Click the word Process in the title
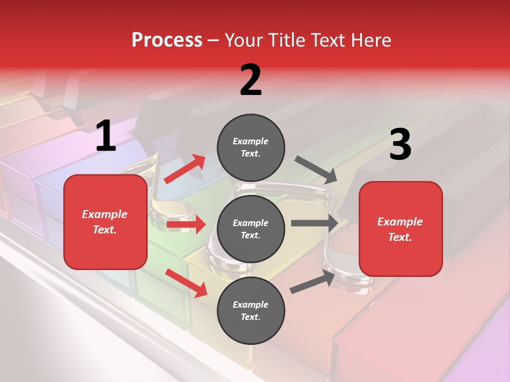167,40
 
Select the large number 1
106,136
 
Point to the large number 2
251,80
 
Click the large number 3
400,144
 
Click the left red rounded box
105,222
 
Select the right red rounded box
401,229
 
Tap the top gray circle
251,147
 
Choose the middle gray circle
251,229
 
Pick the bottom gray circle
251,310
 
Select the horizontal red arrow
186,224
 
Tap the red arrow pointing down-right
186,283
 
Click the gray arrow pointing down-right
316,169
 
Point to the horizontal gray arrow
314,223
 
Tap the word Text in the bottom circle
250,317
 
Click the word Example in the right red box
400,222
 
